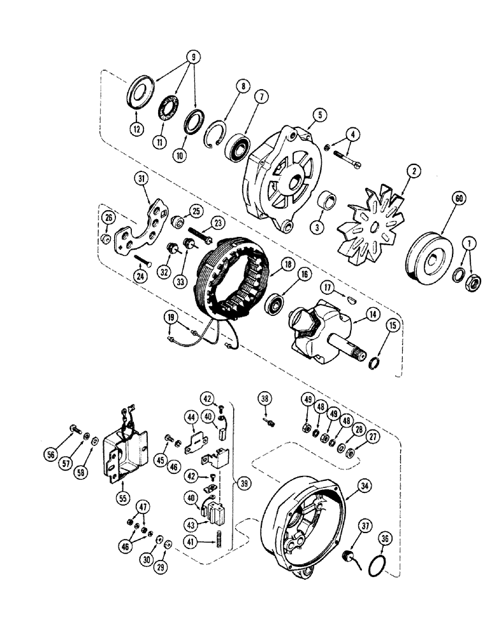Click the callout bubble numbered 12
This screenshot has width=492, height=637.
pyautogui.click(x=136, y=130)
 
